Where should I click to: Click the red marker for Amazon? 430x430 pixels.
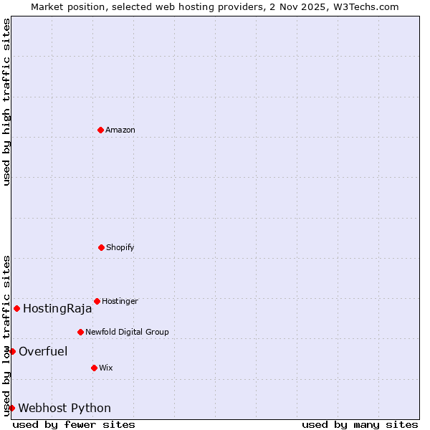[100, 130]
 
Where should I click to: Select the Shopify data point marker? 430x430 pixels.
[101, 247]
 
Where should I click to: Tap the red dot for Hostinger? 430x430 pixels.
[97, 301]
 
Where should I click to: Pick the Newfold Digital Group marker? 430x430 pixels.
[80, 332]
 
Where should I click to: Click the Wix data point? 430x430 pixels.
[94, 368]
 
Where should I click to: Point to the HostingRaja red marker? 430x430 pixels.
[16, 308]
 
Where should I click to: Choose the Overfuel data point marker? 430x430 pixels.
[12, 351]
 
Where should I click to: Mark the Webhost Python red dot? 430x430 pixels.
[11, 408]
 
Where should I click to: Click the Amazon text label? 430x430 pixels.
[120, 130]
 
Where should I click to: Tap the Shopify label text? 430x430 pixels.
[120, 247]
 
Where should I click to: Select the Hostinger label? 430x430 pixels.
[120, 301]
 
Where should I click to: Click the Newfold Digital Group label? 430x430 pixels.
[127, 332]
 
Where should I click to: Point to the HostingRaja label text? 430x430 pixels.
[57, 309]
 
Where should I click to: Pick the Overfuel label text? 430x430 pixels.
[43, 351]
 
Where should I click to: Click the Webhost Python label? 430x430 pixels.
[64, 408]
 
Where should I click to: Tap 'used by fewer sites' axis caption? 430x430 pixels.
[74, 424]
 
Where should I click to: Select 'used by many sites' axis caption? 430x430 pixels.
[360, 424]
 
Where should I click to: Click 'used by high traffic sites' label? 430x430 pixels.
[6, 102]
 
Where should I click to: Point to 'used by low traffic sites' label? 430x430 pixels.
[6, 335]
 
